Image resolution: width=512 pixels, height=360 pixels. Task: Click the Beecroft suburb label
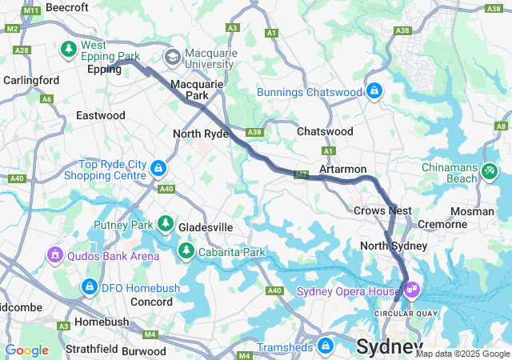[x=66, y=6]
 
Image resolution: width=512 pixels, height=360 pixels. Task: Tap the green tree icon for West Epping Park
[x=70, y=50]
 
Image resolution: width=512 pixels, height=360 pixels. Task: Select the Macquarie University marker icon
[x=172, y=57]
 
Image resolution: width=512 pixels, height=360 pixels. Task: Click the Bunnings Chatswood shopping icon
[x=374, y=91]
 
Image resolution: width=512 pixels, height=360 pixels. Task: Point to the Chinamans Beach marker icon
[x=490, y=170]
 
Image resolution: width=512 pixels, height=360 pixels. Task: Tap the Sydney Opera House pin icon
[x=411, y=290]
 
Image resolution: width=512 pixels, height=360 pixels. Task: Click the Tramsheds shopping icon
[x=325, y=346]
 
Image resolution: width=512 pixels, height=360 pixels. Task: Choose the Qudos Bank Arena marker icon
[x=55, y=255]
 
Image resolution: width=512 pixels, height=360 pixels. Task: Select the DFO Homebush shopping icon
[x=89, y=286]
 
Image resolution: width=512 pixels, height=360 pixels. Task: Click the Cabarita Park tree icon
[x=186, y=252]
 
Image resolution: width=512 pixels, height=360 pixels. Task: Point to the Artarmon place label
[x=342, y=170]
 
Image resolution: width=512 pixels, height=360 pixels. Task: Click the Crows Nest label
[x=382, y=210]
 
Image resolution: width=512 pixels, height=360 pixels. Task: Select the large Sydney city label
[x=389, y=347]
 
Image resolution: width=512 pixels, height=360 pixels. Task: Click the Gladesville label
[x=206, y=227]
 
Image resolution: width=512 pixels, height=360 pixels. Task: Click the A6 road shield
[x=47, y=98]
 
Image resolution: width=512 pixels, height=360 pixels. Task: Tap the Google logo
[x=26, y=350]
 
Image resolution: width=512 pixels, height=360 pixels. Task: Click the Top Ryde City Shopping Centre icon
[x=158, y=168]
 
